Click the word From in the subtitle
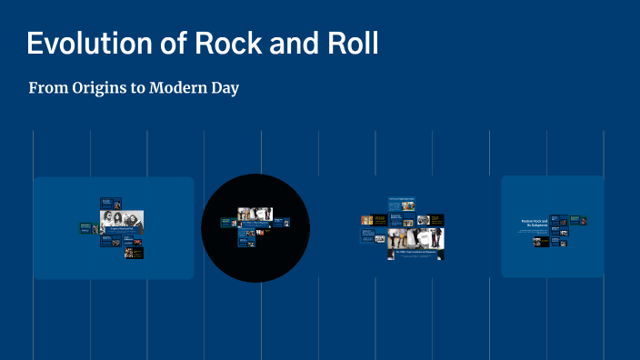46,89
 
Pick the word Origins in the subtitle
99,89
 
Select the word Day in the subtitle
225,89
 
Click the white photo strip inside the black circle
255,215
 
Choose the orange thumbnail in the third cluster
367,221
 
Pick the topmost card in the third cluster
402,197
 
